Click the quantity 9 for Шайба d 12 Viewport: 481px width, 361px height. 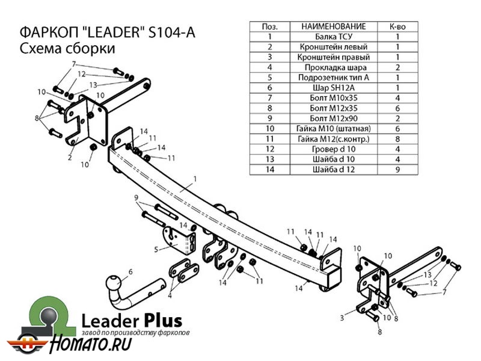pyautogui.click(x=397, y=170)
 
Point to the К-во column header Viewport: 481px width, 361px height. pyautogui.click(x=397, y=26)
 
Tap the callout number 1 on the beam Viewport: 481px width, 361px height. pyautogui.click(x=195, y=179)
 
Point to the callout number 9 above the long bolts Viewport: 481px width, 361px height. pyautogui.click(x=136, y=198)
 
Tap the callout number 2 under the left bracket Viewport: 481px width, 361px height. pyautogui.click(x=70, y=158)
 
